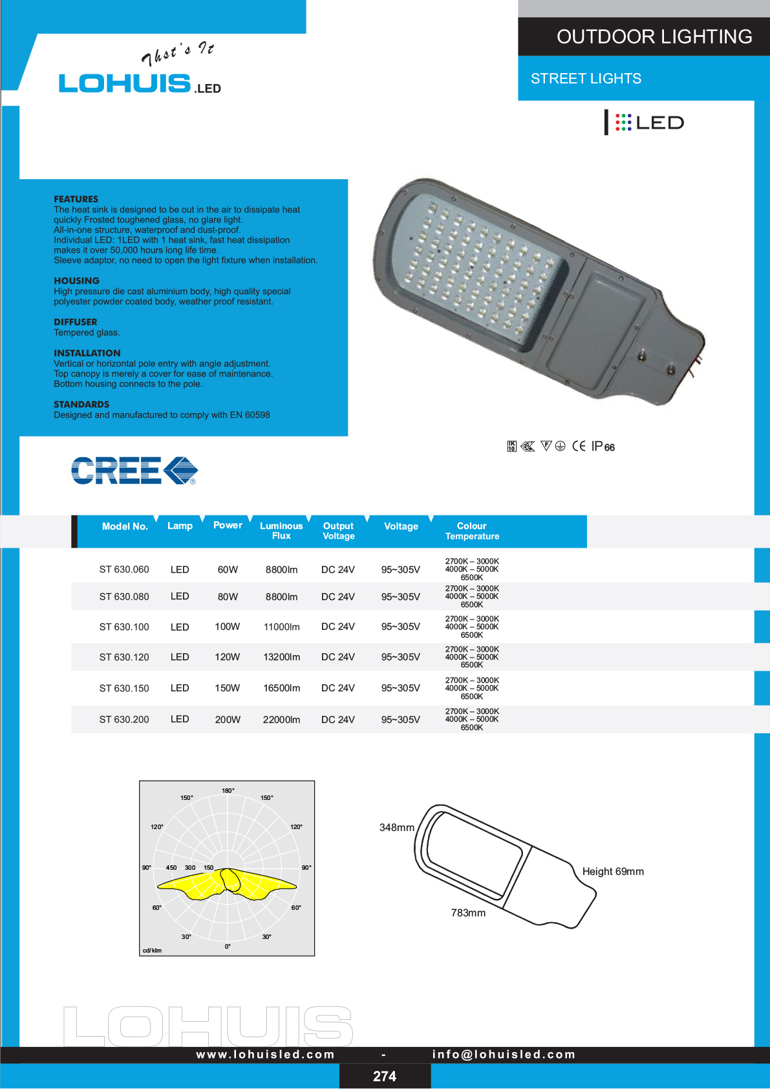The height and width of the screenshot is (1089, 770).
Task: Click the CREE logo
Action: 134,471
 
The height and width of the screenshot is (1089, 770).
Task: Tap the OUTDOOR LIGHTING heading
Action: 654,37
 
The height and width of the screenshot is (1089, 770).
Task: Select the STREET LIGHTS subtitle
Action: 586,79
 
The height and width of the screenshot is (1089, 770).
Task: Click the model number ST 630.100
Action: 124,627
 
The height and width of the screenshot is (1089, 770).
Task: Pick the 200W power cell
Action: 228,720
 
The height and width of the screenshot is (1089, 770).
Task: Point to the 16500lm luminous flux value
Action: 281,688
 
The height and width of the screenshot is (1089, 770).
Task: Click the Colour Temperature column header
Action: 472,531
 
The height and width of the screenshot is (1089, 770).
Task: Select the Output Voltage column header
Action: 338,531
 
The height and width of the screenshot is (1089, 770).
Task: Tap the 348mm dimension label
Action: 396,828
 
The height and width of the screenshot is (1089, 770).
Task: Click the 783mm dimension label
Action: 468,913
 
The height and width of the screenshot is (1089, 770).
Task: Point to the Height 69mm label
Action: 613,872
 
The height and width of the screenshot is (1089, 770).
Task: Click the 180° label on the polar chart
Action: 228,791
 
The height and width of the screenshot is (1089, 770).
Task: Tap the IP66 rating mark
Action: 603,446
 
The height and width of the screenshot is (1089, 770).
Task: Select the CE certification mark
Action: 579,446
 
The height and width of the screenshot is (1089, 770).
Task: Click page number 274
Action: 385,1076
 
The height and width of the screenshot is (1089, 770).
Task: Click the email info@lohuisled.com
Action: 504,1054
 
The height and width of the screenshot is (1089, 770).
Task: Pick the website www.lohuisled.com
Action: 265,1054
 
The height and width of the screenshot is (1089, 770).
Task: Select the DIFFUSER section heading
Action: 76,322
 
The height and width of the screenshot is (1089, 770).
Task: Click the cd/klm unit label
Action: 152,951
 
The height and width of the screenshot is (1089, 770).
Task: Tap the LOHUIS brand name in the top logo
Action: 125,83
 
